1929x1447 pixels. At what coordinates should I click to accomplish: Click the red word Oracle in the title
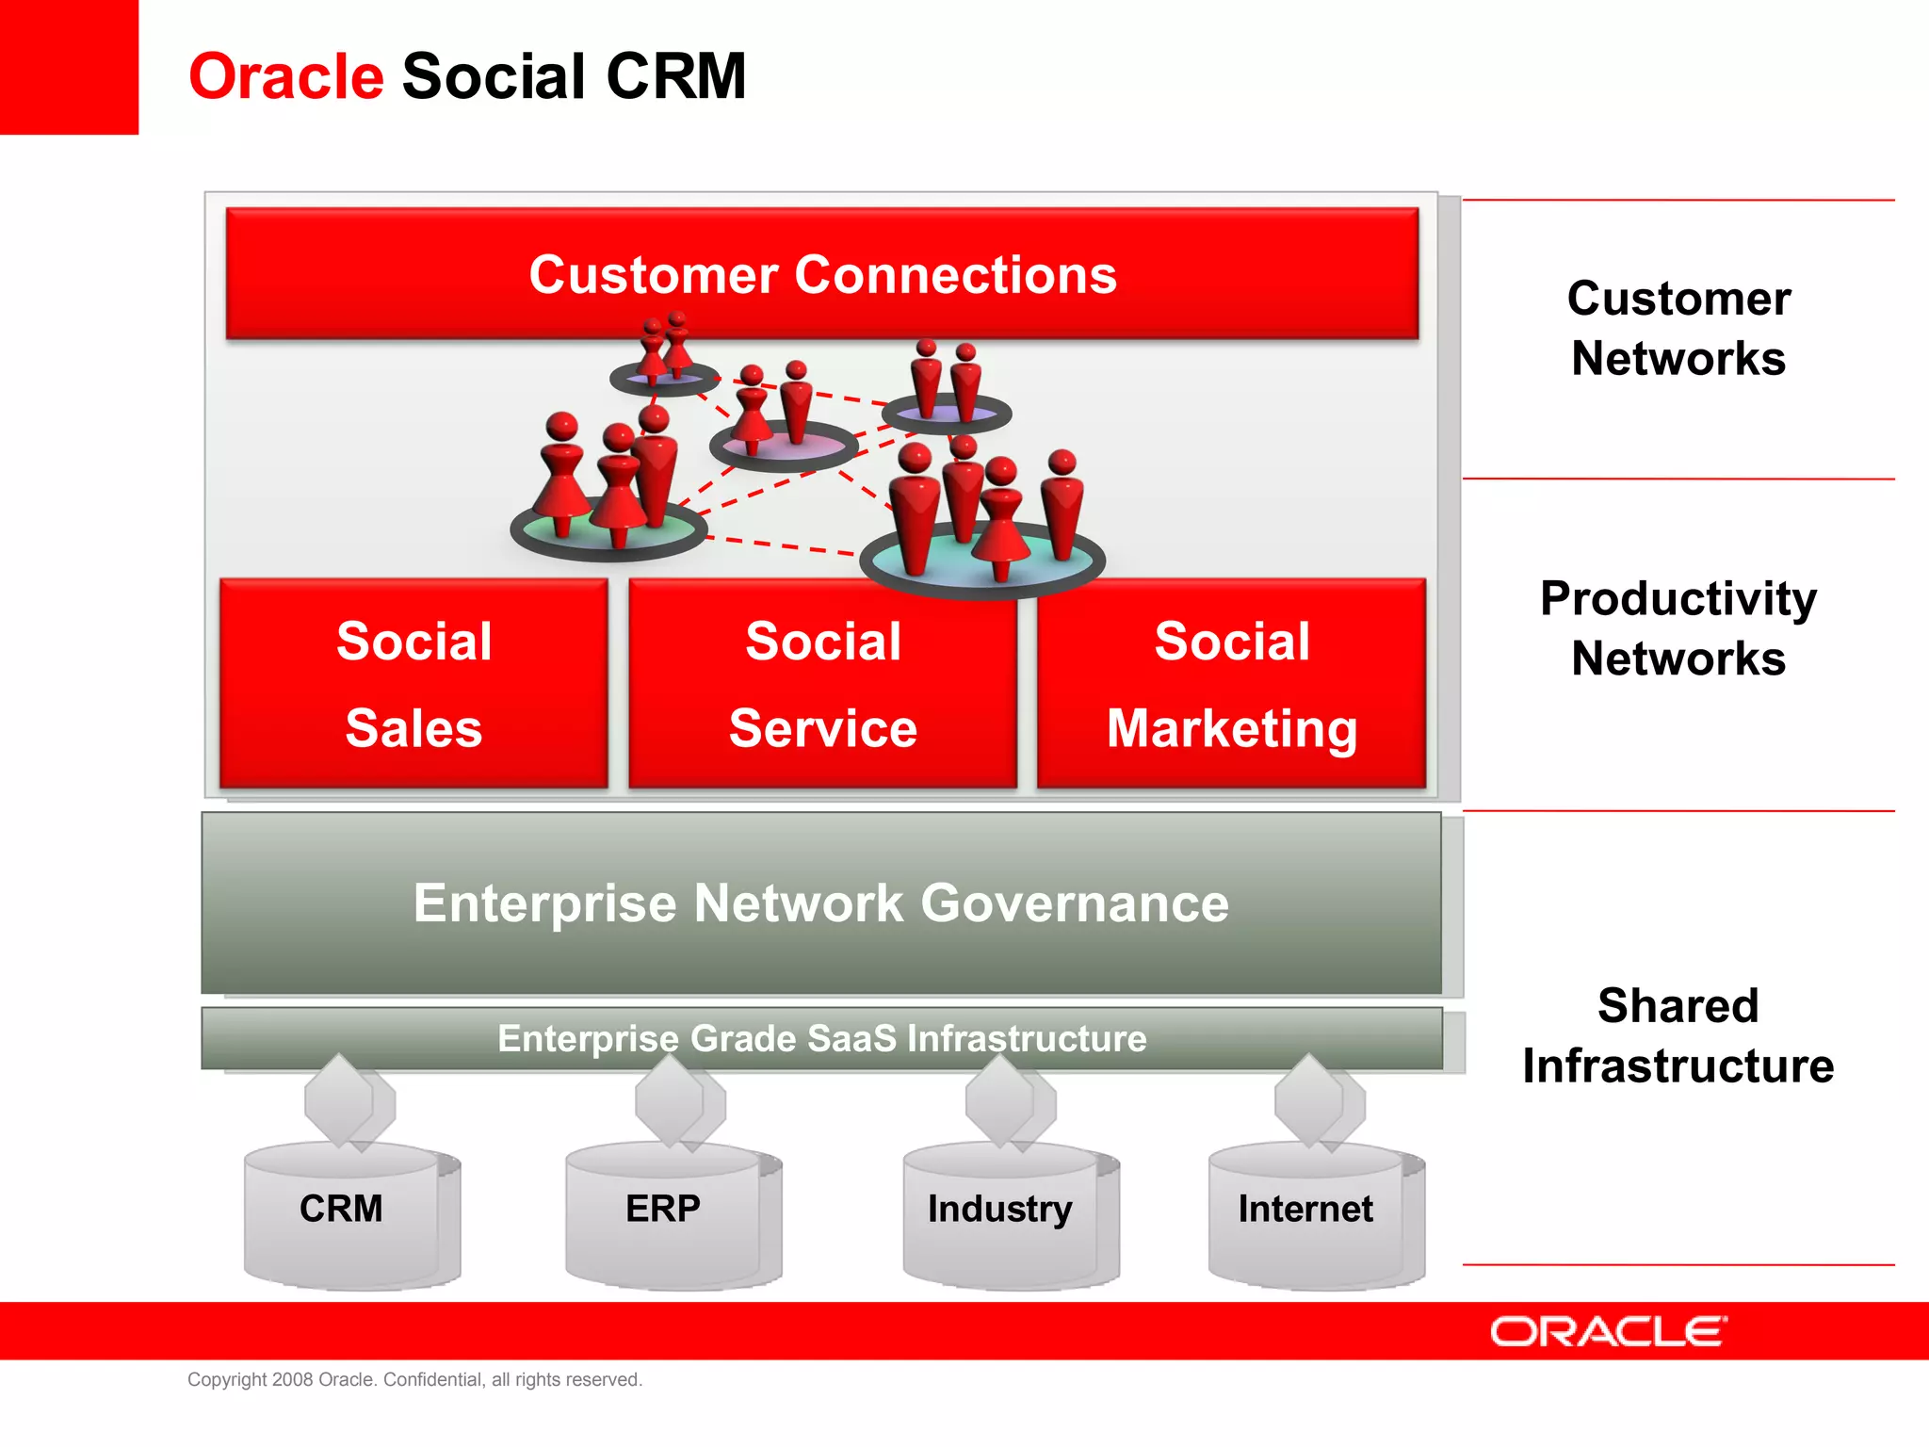click(285, 76)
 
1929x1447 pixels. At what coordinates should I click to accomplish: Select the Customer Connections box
click(822, 273)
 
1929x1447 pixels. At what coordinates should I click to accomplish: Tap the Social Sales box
click(413, 684)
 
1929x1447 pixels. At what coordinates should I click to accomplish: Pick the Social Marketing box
click(1231, 684)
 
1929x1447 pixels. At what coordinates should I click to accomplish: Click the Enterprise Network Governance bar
click(820, 902)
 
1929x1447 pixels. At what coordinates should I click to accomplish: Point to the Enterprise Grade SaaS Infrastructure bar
click(820, 1038)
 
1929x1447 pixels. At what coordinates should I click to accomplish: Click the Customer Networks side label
click(1678, 328)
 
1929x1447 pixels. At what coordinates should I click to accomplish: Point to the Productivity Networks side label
click(1678, 627)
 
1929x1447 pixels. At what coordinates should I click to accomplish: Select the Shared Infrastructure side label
click(1678, 1035)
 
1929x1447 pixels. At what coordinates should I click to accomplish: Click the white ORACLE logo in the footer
click(1608, 1331)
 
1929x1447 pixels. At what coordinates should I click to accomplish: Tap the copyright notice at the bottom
click(414, 1379)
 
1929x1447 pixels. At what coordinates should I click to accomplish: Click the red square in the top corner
click(69, 66)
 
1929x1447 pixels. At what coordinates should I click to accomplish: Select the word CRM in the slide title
click(676, 76)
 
